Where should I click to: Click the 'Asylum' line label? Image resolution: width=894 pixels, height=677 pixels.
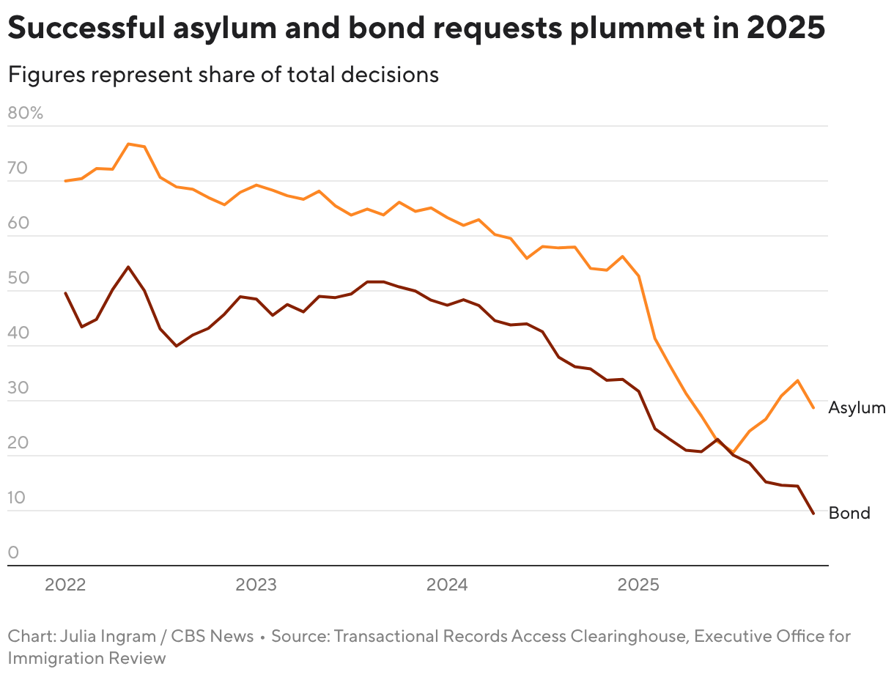pyautogui.click(x=857, y=408)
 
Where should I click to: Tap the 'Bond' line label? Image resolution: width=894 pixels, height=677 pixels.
pyautogui.click(x=849, y=513)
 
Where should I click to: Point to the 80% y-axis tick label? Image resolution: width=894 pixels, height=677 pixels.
pyautogui.click(x=26, y=114)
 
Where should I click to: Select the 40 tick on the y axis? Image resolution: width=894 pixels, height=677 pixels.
pyautogui.click(x=18, y=333)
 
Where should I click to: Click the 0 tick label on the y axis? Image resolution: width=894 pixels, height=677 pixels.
pyautogui.click(x=12, y=552)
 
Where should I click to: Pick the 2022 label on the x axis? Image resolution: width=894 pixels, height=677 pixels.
pyautogui.click(x=65, y=585)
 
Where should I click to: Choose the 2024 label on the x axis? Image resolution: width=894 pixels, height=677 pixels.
pyautogui.click(x=448, y=585)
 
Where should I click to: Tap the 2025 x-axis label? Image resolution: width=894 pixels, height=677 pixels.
pyautogui.click(x=639, y=585)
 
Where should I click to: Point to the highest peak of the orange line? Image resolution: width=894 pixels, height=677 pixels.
pyautogui.click(x=128, y=144)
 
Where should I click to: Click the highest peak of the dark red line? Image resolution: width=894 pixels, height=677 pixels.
pyautogui.click(x=128, y=267)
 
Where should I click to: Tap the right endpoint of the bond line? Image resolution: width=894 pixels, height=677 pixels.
pyautogui.click(x=813, y=513)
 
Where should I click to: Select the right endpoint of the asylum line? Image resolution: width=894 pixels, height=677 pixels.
pyautogui.click(x=813, y=407)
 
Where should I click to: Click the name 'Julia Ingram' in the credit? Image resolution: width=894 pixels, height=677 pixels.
pyautogui.click(x=106, y=636)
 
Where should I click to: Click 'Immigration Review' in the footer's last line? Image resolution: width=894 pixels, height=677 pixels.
pyautogui.click(x=87, y=658)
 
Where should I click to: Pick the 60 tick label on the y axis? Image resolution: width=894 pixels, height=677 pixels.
pyautogui.click(x=18, y=223)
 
